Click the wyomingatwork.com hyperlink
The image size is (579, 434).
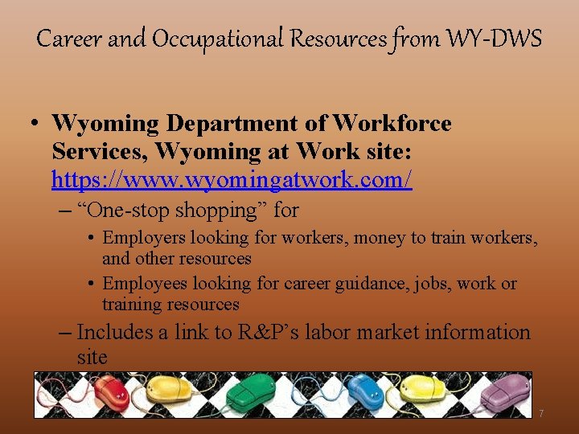point(232,179)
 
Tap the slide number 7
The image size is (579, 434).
point(541,413)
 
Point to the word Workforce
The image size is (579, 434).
point(392,124)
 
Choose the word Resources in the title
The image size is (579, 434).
point(345,38)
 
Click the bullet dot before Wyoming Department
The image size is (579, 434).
point(35,125)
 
